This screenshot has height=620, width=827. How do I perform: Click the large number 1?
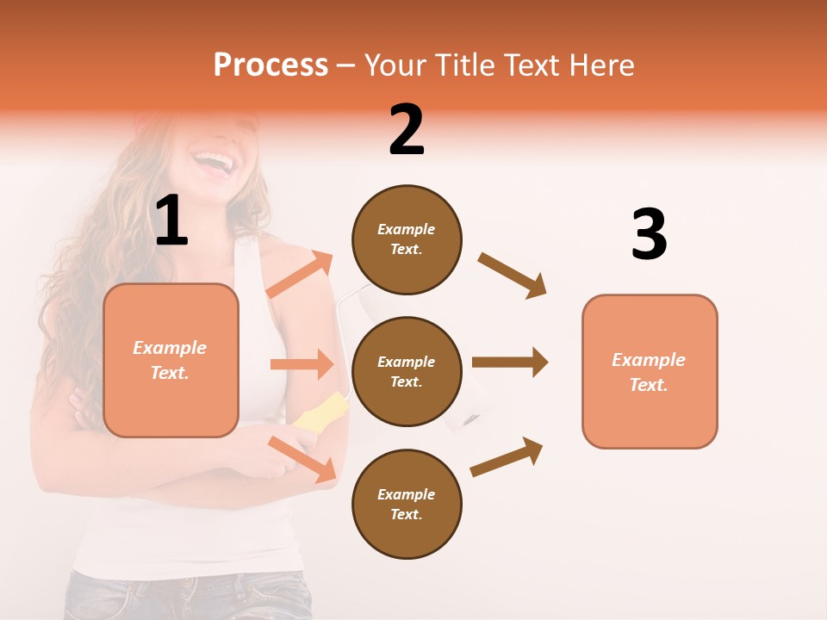coord(171,221)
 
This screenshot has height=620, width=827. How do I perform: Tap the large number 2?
coord(407,130)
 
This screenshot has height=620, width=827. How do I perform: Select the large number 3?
coord(649,235)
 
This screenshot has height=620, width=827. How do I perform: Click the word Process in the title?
coord(270,65)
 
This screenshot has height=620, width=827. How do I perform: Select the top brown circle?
coord(407,239)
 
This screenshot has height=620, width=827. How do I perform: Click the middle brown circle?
coord(407,372)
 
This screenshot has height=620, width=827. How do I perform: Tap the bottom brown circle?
coord(407,504)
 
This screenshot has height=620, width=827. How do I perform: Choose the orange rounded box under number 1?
coord(171,360)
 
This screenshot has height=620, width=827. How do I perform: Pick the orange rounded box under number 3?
coord(649,372)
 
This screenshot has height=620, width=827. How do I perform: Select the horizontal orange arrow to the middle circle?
coord(302,364)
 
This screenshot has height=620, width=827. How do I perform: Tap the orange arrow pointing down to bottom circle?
coord(302,459)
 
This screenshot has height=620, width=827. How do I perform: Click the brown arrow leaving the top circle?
coord(513,276)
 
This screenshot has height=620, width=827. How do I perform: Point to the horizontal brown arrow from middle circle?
coord(509,363)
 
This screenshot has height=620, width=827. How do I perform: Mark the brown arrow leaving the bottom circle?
coord(507,456)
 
